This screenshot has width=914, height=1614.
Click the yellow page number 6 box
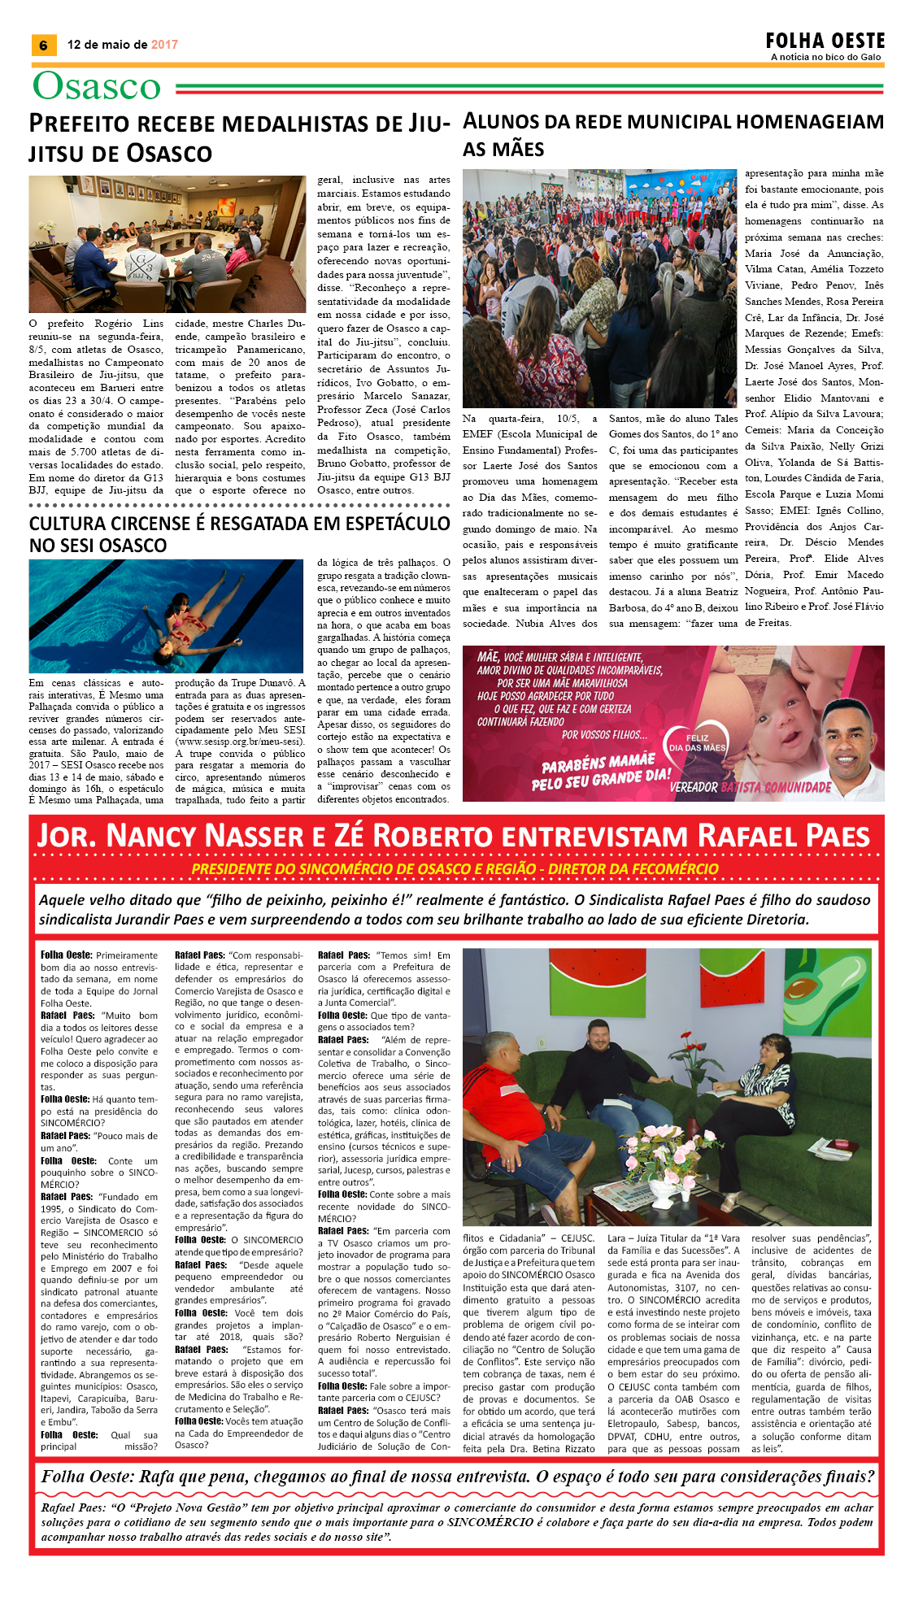click(x=43, y=46)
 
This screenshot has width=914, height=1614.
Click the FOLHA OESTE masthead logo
click(x=825, y=41)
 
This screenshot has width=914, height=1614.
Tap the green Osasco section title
click(x=97, y=86)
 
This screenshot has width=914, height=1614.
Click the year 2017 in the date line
click(x=164, y=45)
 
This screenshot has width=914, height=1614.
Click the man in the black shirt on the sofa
click(x=605, y=1081)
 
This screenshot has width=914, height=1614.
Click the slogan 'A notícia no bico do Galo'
click(x=825, y=57)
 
